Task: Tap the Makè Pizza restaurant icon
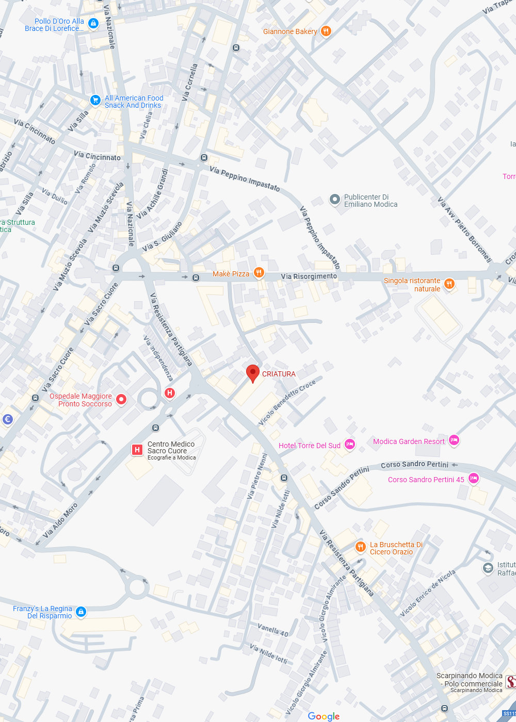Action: pyautogui.click(x=259, y=273)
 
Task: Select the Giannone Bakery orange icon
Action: pyautogui.click(x=326, y=31)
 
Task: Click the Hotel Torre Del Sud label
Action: pyautogui.click(x=310, y=446)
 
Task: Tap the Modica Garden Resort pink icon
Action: pyautogui.click(x=454, y=440)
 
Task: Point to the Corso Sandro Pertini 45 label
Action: pyautogui.click(x=426, y=480)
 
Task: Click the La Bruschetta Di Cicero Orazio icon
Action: pyautogui.click(x=360, y=547)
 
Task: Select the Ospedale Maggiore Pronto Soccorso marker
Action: pyautogui.click(x=121, y=399)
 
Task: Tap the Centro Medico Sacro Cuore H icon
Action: pyautogui.click(x=137, y=450)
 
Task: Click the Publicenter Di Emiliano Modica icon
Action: pyautogui.click(x=335, y=199)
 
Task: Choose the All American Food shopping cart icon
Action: pyautogui.click(x=95, y=100)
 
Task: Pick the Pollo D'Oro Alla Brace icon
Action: pyautogui.click(x=93, y=23)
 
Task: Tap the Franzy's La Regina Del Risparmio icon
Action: pyautogui.click(x=80, y=612)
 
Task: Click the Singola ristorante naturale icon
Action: pyautogui.click(x=449, y=284)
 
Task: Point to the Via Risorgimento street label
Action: pyautogui.click(x=309, y=276)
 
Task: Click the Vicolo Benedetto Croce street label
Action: pyautogui.click(x=287, y=403)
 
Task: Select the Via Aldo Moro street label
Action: pyautogui.click(x=60, y=520)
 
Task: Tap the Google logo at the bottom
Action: pyautogui.click(x=324, y=716)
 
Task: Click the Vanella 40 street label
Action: pyautogui.click(x=273, y=630)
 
